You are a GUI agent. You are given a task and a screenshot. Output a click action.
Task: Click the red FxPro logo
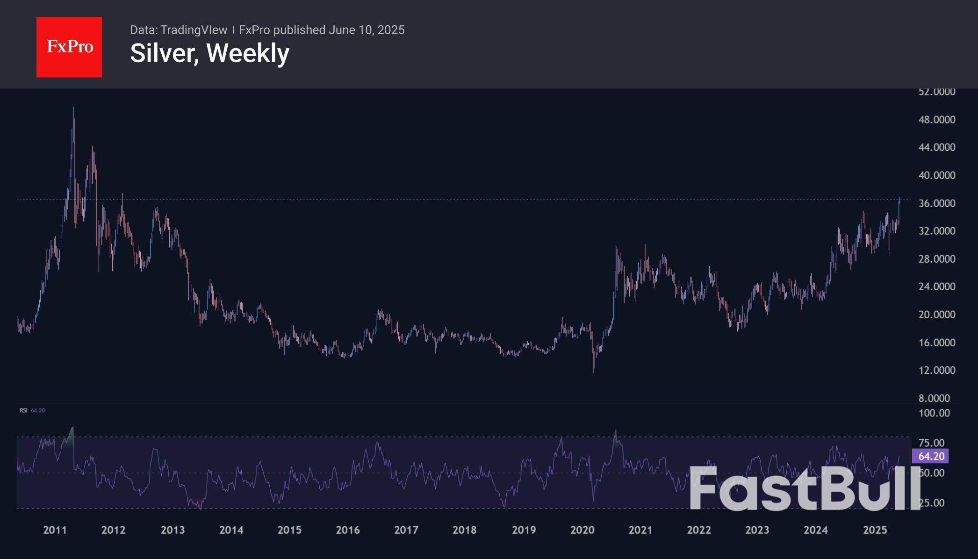click(69, 47)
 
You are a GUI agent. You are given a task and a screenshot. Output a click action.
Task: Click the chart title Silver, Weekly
click(209, 53)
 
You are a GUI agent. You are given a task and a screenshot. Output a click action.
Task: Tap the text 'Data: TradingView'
click(179, 30)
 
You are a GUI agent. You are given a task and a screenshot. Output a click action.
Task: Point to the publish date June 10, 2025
click(366, 30)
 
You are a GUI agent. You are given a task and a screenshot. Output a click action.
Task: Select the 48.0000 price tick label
click(936, 120)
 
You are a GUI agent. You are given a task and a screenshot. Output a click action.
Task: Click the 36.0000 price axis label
click(936, 203)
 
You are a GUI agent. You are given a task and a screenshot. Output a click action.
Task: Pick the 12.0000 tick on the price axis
click(936, 370)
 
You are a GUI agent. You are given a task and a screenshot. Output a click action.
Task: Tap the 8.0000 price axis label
click(934, 398)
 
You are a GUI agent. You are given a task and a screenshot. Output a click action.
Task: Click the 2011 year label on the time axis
click(55, 530)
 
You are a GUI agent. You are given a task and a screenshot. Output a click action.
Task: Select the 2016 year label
click(348, 530)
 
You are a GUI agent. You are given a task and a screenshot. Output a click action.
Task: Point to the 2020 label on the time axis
click(582, 530)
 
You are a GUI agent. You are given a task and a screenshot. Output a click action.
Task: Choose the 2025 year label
click(875, 530)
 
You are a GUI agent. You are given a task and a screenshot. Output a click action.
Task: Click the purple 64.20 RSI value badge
click(930, 456)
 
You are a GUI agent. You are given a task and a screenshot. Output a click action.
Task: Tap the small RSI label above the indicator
click(23, 410)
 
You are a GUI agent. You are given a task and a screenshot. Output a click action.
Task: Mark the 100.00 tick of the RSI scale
click(934, 413)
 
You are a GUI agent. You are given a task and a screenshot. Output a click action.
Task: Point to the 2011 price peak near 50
click(73, 108)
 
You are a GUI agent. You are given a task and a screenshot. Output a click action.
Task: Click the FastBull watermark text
click(804, 488)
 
